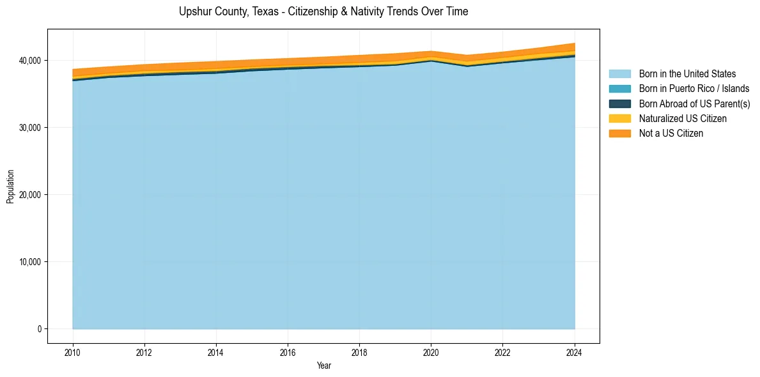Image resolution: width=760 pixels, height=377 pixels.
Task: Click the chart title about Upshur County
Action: pos(323,12)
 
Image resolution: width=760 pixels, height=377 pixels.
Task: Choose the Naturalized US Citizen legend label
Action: pos(683,119)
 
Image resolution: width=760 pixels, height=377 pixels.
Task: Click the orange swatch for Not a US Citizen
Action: pos(619,134)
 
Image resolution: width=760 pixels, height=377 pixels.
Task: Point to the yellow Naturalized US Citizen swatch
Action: pos(619,119)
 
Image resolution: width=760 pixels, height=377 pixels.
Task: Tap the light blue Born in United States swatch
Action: pos(619,74)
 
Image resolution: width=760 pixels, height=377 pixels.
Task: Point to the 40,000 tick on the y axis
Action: pos(29,61)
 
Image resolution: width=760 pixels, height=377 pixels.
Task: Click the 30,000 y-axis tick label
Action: pos(29,128)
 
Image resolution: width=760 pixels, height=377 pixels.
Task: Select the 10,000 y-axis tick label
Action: pos(29,262)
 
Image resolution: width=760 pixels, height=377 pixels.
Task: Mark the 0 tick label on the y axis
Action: pos(39,329)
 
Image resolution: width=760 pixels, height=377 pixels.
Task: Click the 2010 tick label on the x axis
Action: pos(73,351)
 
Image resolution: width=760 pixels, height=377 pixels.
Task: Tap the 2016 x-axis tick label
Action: pos(288,351)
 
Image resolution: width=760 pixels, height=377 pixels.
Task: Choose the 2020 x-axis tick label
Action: pos(431,351)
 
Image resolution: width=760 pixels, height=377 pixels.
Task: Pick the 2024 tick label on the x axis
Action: pos(575,351)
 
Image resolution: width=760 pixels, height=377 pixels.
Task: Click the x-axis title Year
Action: pos(323,365)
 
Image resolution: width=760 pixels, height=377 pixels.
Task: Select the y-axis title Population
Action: pos(10,187)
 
